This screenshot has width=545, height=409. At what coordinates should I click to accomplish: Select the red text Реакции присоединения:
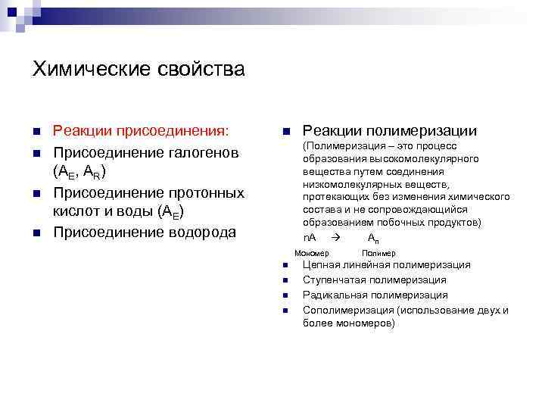pos(141,131)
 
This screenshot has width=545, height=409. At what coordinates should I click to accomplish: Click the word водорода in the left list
pos(198,232)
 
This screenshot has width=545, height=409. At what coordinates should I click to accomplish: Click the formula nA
pos(310,238)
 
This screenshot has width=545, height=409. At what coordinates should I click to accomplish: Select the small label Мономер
pos(312,253)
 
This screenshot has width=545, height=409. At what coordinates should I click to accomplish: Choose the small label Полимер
pos(378,253)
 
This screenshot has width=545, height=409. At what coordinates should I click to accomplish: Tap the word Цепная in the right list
pos(321,265)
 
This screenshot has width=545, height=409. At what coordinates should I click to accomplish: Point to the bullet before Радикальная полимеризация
pos(282,295)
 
